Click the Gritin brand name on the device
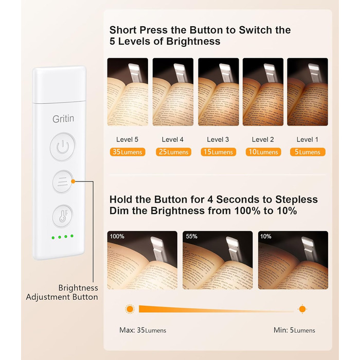[x=63, y=119]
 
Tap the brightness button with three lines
[x=62, y=182]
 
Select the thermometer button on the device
[x=62, y=216]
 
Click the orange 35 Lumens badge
[x=128, y=152]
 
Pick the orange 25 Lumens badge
[x=173, y=152]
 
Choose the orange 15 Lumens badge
[x=219, y=152]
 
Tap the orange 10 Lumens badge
[x=263, y=152]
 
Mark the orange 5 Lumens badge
[x=308, y=152]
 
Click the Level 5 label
[x=127, y=139]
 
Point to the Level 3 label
[x=218, y=139]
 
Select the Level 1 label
[x=308, y=139]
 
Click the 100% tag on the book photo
[x=117, y=236]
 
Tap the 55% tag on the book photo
[x=192, y=236]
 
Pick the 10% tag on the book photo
[x=266, y=236]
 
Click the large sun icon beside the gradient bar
[x=130, y=309]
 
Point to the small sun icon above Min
[x=302, y=309]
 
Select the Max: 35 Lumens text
[x=142, y=330]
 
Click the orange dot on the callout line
[x=73, y=182]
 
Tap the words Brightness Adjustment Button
[x=62, y=292]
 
